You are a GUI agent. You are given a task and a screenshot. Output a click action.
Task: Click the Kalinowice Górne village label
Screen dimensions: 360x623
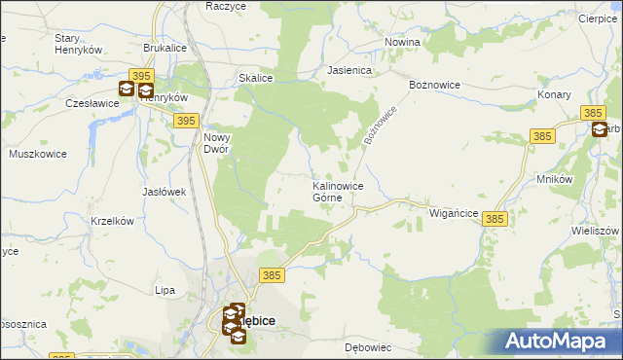pyautogui.click(x=338, y=192)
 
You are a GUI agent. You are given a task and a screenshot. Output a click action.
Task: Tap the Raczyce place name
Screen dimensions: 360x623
pyautogui.click(x=226, y=6)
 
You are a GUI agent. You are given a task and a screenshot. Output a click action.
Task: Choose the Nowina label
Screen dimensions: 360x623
pyautogui.click(x=402, y=43)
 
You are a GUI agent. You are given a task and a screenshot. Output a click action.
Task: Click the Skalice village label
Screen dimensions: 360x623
pyautogui.click(x=255, y=78)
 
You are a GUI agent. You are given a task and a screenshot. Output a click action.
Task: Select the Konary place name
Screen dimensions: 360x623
pyautogui.click(x=556, y=95)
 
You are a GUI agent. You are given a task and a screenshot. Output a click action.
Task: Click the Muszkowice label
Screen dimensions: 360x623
pyautogui.click(x=36, y=154)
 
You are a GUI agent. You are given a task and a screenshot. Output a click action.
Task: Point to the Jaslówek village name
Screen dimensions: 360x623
pyautogui.click(x=164, y=192)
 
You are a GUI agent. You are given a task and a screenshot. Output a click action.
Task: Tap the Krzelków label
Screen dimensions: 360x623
pyautogui.click(x=111, y=221)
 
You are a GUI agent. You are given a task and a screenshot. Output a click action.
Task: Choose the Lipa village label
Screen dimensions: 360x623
pyautogui.click(x=165, y=290)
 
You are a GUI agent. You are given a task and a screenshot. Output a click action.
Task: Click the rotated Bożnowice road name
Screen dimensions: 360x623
pyautogui.click(x=383, y=126)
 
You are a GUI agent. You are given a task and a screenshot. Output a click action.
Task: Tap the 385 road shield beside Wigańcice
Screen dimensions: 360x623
pyautogui.click(x=495, y=221)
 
